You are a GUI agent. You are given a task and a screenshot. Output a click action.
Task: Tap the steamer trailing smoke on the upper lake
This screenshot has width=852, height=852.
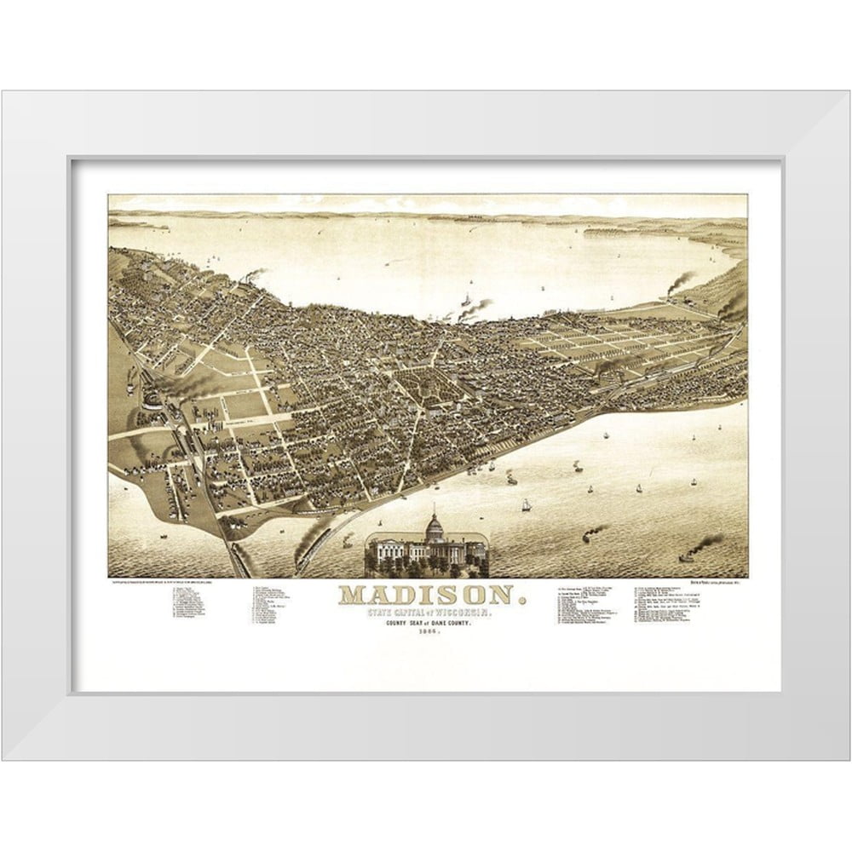point(467,301)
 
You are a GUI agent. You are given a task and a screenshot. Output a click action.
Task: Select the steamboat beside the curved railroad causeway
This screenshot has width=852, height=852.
point(346,540)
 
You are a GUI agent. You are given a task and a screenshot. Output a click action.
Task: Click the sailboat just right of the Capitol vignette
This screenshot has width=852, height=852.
point(526,505)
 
